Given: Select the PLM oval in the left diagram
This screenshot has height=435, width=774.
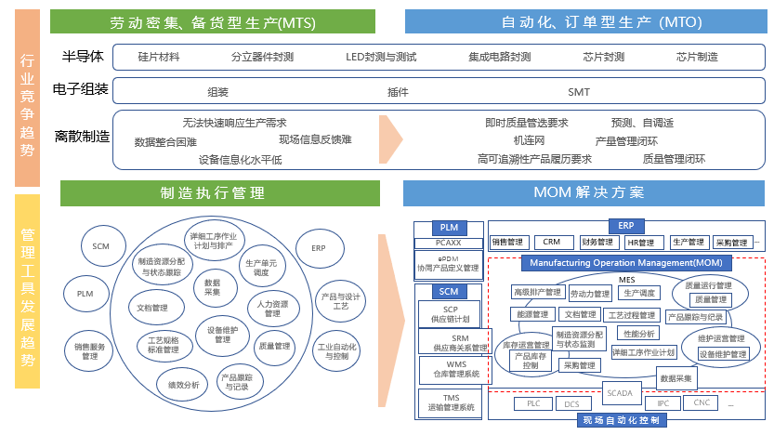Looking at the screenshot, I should [85, 294].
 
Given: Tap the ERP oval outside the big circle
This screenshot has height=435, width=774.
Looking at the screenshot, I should [319, 248].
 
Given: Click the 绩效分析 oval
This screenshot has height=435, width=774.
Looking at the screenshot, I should [183, 384].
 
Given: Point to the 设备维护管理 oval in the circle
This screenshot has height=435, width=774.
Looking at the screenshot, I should [222, 335].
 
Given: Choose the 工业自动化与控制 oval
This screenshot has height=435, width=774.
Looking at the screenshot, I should [337, 351].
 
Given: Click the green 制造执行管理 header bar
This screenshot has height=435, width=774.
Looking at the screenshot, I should [220, 192].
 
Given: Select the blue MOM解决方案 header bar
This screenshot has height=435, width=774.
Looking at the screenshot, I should [588, 192].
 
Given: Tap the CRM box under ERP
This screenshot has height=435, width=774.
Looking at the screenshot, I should [552, 243].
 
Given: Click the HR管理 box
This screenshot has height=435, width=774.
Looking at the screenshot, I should [640, 243].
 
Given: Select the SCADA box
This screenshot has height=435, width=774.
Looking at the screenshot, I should [620, 393].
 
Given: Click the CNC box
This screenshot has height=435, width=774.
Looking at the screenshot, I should [702, 402].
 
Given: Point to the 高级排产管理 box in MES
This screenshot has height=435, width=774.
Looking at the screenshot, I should [537, 292].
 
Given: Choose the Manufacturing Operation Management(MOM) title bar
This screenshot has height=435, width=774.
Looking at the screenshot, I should [626, 263].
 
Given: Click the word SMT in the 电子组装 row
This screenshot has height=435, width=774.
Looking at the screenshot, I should [578, 92].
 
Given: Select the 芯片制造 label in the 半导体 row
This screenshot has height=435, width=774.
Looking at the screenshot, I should [697, 57].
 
